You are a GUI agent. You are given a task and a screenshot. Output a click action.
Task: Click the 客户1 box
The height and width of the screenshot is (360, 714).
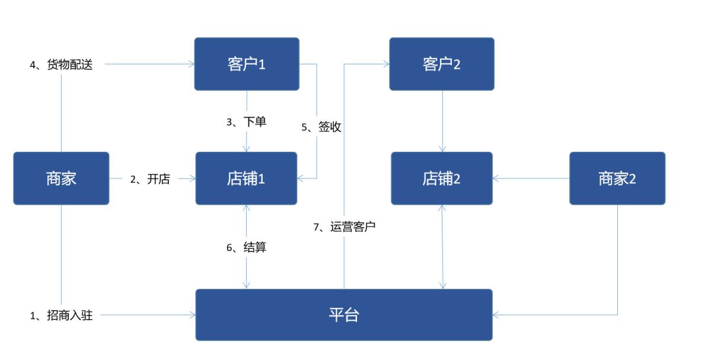tap(247, 64)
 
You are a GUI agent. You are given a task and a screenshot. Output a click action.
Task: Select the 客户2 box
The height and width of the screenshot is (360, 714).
tap(441, 64)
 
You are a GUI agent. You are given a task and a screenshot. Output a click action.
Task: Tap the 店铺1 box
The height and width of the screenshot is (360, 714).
tap(246, 179)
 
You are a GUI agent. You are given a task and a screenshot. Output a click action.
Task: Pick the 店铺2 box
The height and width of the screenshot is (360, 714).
tap(441, 179)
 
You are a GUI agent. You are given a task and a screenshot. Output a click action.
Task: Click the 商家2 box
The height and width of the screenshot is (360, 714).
tap(617, 179)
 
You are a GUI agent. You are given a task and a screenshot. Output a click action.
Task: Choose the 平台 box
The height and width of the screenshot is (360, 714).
tap(344, 315)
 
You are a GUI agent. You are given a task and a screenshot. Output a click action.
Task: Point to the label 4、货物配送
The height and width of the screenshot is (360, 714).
tap(62, 65)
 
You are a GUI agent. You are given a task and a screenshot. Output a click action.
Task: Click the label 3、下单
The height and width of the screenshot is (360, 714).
tap(247, 122)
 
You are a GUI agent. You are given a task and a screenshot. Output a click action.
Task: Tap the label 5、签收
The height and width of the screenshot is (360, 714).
tap(321, 127)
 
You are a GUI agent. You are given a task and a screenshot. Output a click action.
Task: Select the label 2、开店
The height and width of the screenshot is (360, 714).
tap(150, 179)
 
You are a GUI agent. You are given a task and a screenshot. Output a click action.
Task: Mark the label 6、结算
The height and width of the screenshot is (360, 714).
tap(247, 248)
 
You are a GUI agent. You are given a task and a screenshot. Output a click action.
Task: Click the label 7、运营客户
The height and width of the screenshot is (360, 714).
tap(345, 227)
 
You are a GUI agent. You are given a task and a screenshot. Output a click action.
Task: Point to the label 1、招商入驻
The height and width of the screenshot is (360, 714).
tap(62, 316)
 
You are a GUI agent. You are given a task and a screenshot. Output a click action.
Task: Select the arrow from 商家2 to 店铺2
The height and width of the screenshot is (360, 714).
tap(531, 179)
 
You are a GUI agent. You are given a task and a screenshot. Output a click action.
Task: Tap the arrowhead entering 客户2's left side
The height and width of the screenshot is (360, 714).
tap(385, 64)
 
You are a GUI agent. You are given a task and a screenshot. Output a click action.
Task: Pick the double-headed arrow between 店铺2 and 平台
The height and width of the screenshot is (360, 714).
tap(442, 247)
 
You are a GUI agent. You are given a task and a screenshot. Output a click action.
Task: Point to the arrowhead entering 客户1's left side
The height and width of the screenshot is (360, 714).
tap(191, 64)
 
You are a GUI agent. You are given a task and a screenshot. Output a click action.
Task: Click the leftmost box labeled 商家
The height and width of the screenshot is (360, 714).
tap(61, 179)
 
